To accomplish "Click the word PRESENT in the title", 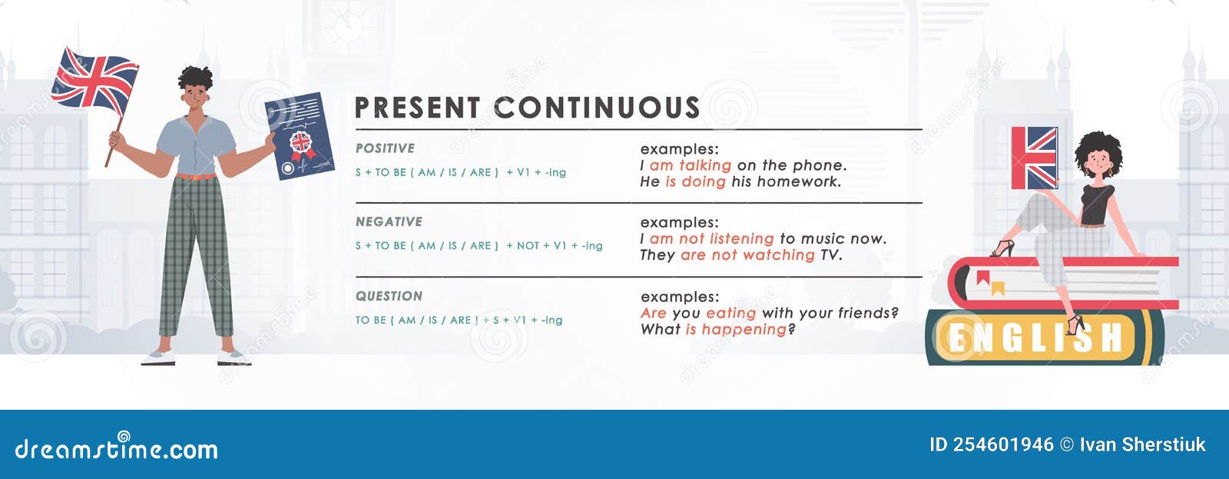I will [x=417, y=108].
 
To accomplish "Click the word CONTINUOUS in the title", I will [x=597, y=108].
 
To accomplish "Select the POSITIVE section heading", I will [x=385, y=148].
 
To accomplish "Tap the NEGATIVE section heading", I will [x=389, y=222].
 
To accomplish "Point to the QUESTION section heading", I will [x=389, y=296].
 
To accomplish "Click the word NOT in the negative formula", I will [x=528, y=246].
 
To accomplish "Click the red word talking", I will [x=704, y=165].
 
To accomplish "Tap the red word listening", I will [x=741, y=239].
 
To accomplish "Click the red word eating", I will [x=730, y=313].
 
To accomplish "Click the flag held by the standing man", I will [x=94, y=79].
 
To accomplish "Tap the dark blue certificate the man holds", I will [x=300, y=136].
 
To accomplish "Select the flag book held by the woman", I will [x=1034, y=158].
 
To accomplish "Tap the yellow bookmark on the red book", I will [x=998, y=288].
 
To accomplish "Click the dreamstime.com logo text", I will [x=117, y=448].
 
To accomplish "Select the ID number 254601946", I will [x=1003, y=444].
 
